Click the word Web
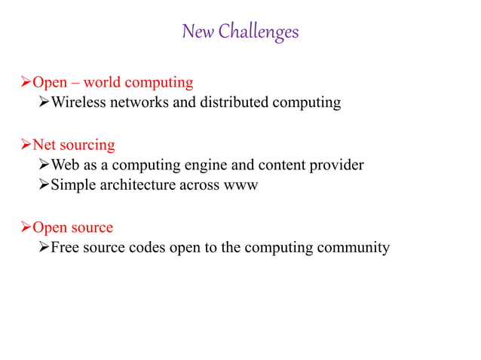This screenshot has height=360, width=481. (x=64, y=165)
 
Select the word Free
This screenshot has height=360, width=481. (x=64, y=247)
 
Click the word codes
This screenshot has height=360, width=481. (x=149, y=247)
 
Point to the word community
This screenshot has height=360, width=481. (x=353, y=247)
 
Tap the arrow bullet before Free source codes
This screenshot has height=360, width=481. (x=44, y=247)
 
